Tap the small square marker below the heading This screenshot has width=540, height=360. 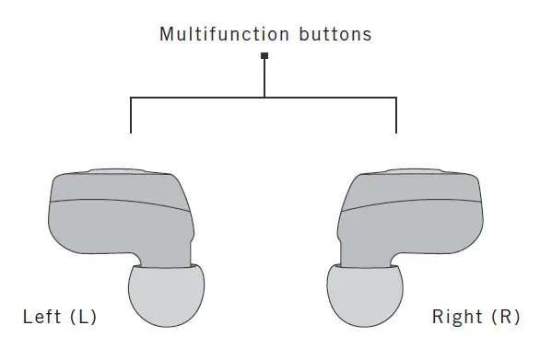[x=265, y=56]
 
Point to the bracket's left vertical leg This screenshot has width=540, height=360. [x=132, y=114]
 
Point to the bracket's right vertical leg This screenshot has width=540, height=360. [x=397, y=114]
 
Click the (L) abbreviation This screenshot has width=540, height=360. [x=81, y=318]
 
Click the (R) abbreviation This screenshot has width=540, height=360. [x=504, y=318]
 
